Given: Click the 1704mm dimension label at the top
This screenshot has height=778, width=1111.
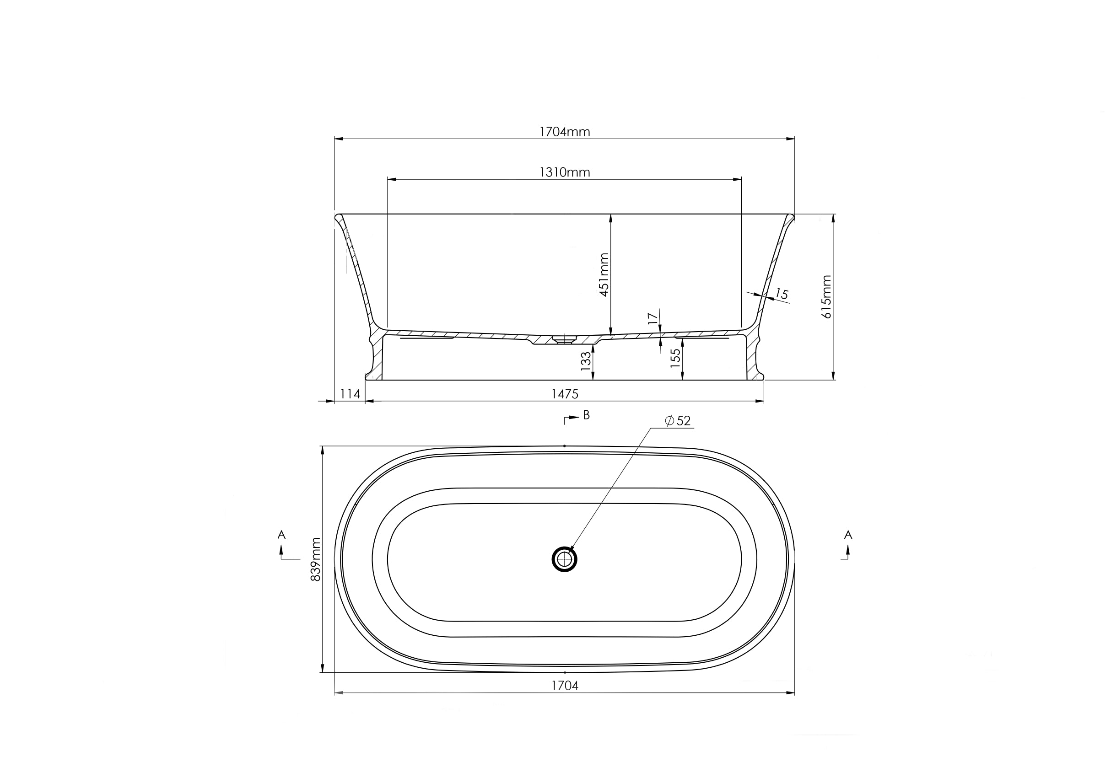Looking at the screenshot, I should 565,132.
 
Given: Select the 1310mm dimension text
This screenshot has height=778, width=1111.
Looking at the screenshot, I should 565,172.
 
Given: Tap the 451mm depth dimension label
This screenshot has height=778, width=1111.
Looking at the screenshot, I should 604,274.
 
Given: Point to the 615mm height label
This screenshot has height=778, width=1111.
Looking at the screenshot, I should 826,296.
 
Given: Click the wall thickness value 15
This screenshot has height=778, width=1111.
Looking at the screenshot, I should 782,294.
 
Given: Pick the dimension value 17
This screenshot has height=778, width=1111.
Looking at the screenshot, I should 653,318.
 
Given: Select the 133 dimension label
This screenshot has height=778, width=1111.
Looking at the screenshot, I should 586,361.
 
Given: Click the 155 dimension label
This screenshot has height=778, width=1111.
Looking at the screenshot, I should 675,358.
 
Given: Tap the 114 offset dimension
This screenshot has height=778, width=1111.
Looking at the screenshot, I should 350,394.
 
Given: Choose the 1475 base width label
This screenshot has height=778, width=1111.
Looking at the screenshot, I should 565,394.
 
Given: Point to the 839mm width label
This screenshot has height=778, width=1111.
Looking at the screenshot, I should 315,559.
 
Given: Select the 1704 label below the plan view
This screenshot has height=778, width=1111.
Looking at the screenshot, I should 565,685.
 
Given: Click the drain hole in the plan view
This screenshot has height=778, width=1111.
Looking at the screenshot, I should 564,559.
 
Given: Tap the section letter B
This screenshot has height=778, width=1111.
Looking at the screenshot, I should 587,415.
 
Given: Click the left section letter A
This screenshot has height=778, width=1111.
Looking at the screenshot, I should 281,535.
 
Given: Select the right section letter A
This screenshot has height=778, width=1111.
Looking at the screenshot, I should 848,535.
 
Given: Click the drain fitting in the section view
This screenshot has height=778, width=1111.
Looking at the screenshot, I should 564,339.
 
